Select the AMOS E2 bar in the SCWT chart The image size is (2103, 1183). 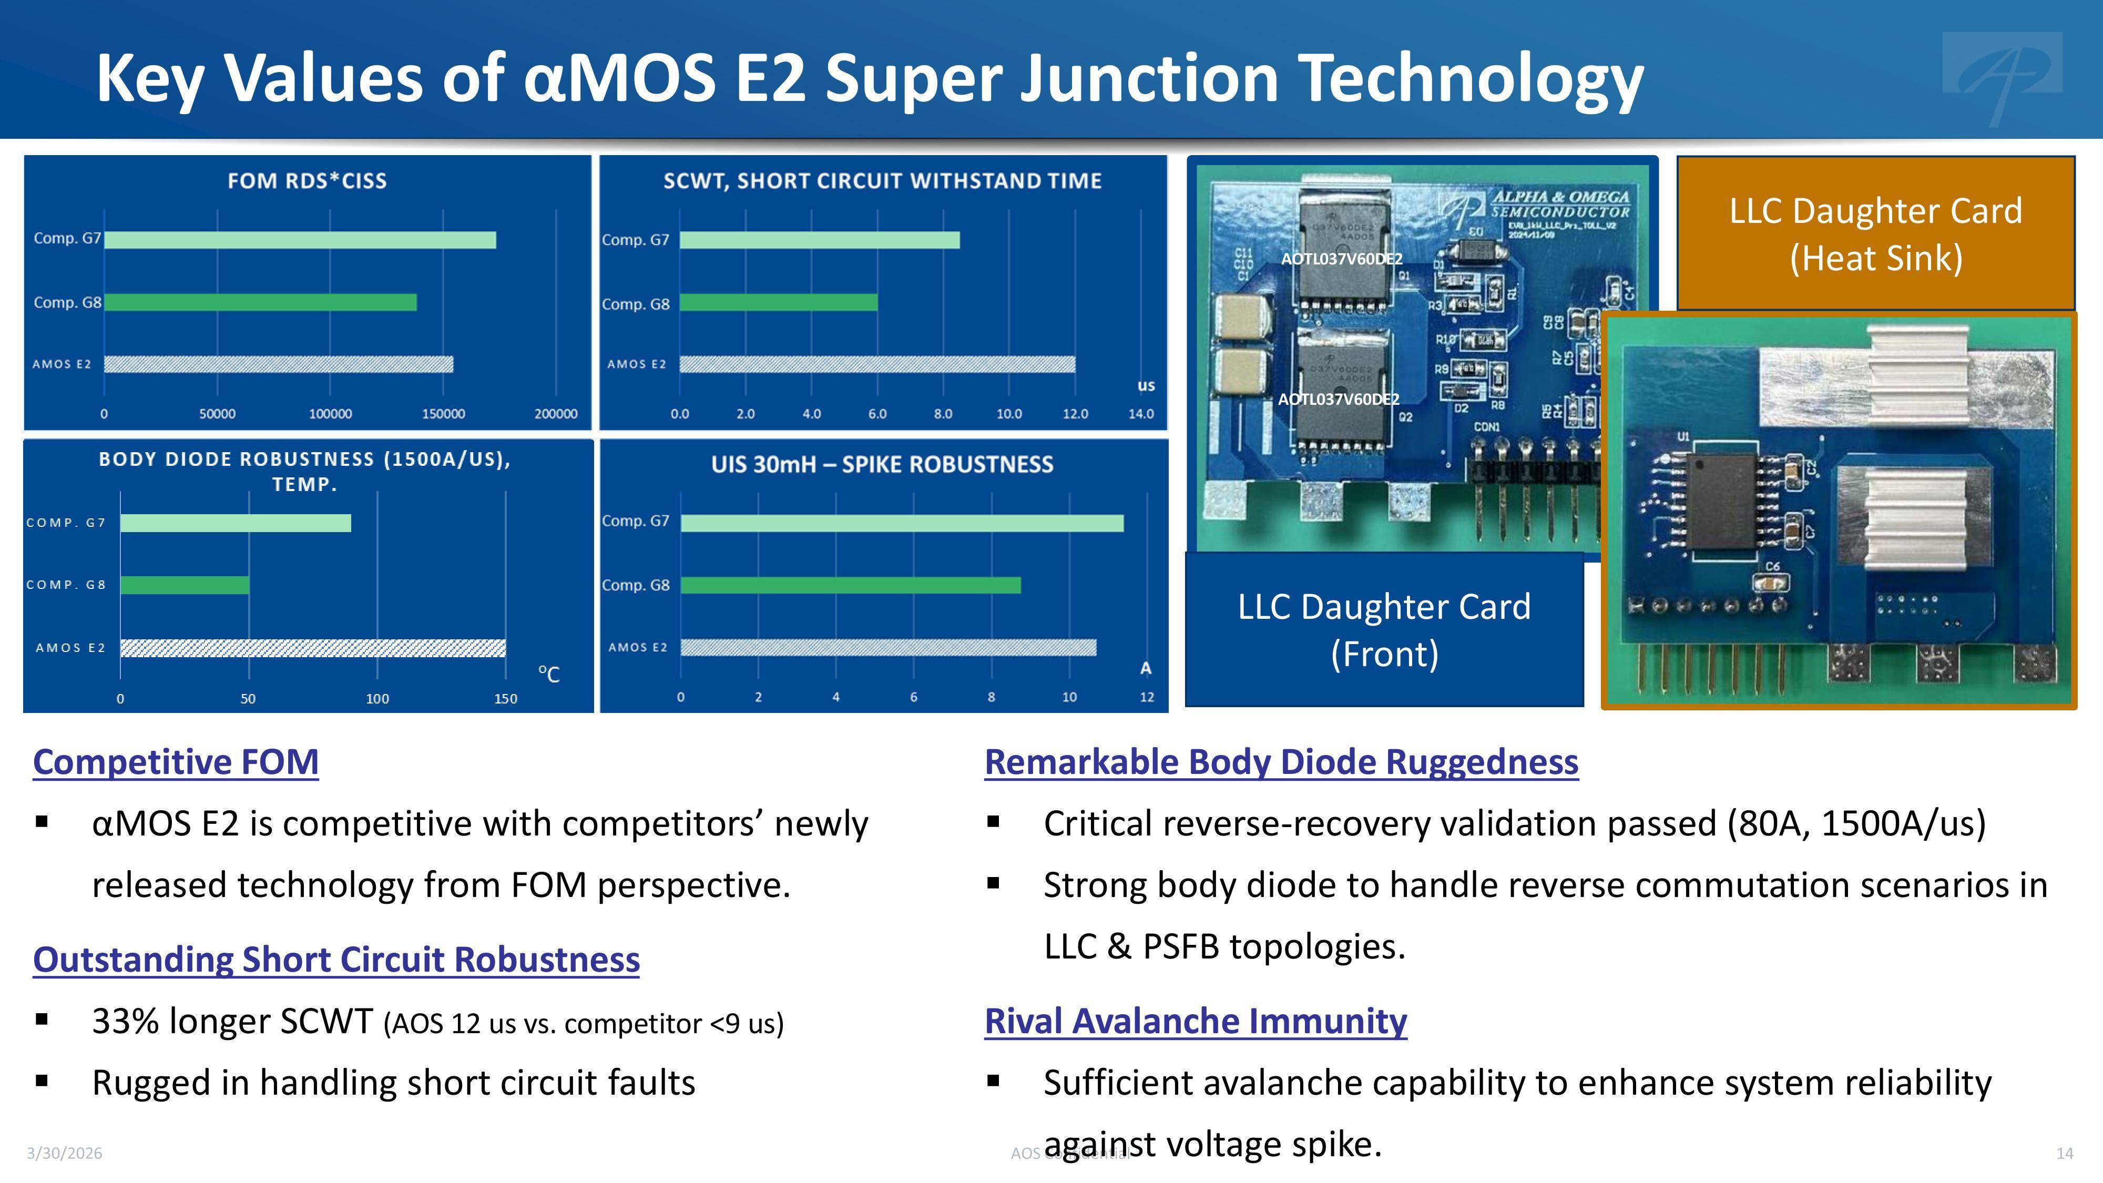877,364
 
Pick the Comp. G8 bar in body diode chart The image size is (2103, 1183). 185,585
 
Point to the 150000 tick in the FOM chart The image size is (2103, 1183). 443,414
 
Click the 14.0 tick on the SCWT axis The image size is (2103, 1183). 1140,414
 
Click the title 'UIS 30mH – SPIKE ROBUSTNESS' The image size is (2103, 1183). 882,465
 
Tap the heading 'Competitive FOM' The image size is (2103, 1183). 176,762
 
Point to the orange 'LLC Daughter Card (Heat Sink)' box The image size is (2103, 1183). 1875,234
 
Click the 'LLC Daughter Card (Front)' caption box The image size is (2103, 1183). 1384,629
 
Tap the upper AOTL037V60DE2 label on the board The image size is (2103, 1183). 1341,259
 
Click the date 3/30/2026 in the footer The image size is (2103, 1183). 65,1153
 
